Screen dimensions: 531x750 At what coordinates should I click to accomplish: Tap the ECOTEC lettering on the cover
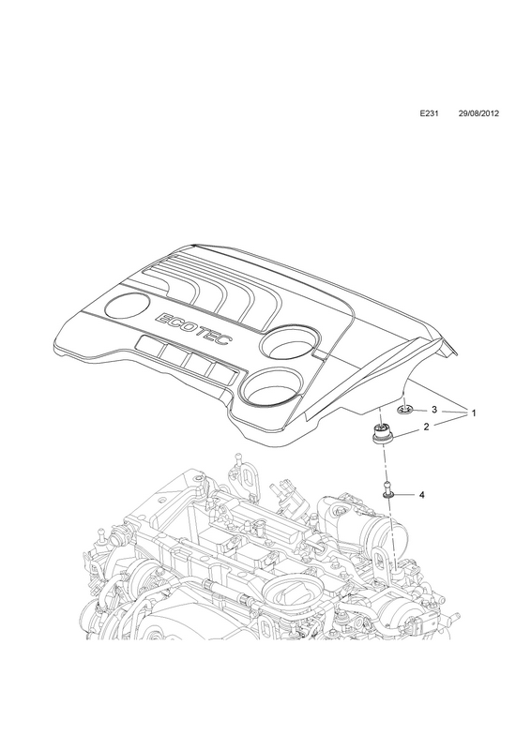click(193, 331)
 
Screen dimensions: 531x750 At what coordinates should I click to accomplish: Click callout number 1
click(474, 412)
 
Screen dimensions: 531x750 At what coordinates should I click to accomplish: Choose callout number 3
click(433, 410)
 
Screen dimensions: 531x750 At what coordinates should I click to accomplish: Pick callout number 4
click(421, 496)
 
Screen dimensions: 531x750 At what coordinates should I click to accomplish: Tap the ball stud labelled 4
click(387, 491)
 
